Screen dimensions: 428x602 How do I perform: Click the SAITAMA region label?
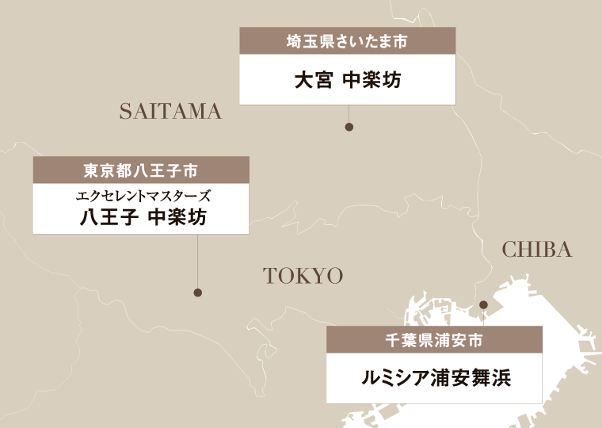[170, 112]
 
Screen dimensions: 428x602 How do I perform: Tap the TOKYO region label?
[303, 276]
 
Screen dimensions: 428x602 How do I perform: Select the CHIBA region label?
[537, 250]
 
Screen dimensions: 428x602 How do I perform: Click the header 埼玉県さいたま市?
[347, 41]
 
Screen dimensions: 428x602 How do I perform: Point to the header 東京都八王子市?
[140, 170]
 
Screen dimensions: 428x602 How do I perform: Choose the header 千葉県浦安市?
[434, 339]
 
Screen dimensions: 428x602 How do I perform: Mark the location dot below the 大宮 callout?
[349, 127]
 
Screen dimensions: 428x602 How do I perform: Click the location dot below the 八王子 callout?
[197, 292]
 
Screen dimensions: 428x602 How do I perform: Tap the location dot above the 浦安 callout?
[483, 305]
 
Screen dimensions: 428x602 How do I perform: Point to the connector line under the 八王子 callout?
[197, 262]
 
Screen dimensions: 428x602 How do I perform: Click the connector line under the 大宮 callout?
[349, 114]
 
